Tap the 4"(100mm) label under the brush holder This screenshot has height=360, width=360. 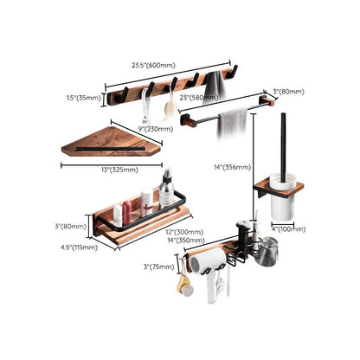click(288, 228)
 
